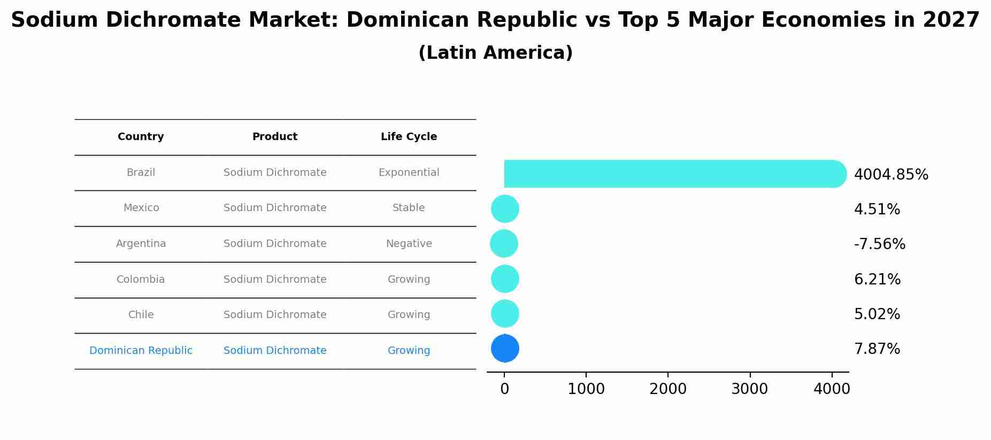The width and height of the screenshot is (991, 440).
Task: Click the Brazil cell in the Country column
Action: (141, 173)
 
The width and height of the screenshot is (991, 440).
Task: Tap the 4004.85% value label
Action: (891, 175)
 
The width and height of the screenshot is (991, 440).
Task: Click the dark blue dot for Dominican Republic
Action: (505, 348)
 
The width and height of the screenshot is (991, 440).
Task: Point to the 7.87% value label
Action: (877, 349)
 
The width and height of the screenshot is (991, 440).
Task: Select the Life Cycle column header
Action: (409, 137)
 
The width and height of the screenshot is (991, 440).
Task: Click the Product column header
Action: (275, 137)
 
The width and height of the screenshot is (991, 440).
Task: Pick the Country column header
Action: (141, 137)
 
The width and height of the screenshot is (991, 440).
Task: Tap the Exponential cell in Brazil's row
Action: (409, 173)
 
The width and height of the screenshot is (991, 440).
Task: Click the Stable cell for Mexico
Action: (409, 208)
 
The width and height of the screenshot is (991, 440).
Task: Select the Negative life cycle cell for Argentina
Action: (409, 244)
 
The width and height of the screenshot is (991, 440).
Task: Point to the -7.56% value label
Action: (880, 244)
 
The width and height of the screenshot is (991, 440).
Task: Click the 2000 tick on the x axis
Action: (667, 389)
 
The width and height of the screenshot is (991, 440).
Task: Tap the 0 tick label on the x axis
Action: (504, 389)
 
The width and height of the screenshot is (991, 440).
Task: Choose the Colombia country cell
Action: (141, 280)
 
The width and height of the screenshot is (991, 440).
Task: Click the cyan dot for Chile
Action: (505, 314)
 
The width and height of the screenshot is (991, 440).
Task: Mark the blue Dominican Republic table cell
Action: (141, 351)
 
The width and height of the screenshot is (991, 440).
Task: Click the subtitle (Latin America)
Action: (495, 53)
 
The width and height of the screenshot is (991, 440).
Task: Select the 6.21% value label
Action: (877, 280)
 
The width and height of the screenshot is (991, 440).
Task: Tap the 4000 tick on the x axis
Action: (831, 389)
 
